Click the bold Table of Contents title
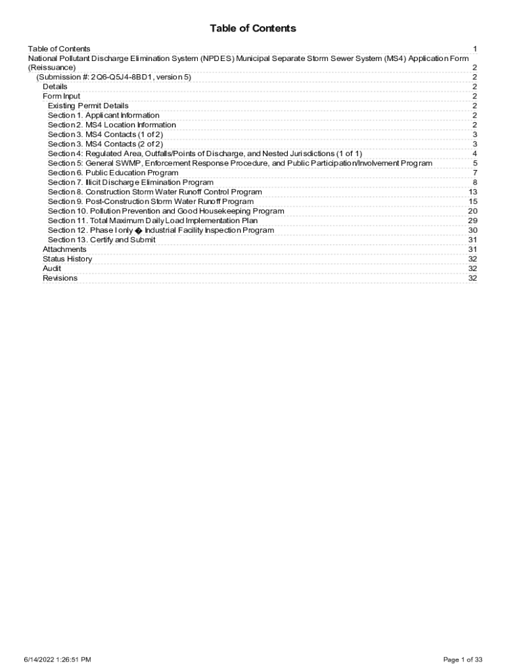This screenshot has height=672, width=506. click(x=253, y=28)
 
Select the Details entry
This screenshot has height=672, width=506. click(x=55, y=87)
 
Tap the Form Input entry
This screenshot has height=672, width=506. click(x=62, y=96)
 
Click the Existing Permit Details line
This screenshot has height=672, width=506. click(x=88, y=106)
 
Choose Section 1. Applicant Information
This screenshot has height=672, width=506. click(x=103, y=115)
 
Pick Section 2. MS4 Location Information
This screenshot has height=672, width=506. click(x=112, y=125)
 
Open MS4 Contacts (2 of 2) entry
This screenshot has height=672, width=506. click(x=105, y=144)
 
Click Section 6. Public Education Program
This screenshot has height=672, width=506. click(x=113, y=173)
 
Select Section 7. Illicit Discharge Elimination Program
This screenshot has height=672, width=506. click(x=130, y=182)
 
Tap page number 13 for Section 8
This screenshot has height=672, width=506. click(x=472, y=192)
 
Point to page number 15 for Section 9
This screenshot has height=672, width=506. click(x=472, y=201)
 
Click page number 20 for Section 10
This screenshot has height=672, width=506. click(x=472, y=211)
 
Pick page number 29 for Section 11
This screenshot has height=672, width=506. click(x=472, y=220)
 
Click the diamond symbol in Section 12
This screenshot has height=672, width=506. click(x=138, y=230)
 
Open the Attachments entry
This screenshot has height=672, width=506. click(x=64, y=249)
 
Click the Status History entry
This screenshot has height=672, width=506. click(x=67, y=259)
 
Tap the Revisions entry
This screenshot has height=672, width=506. click(x=60, y=278)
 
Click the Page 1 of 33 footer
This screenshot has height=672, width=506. click(x=463, y=659)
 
